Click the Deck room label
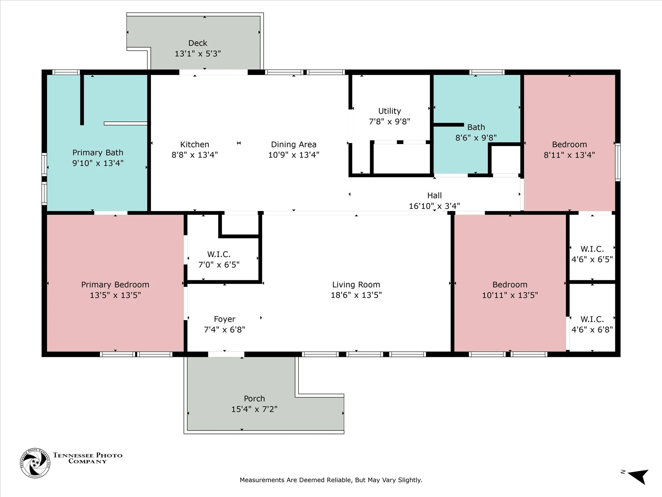click(x=198, y=43)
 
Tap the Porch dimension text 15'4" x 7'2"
click(x=254, y=409)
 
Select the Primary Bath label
click(x=98, y=153)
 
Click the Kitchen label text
click(x=195, y=144)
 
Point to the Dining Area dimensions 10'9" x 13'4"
click(x=294, y=155)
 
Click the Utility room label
click(x=390, y=111)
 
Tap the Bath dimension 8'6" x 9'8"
click(x=476, y=138)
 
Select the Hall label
click(x=434, y=195)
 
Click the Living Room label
click(x=356, y=285)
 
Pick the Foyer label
click(x=224, y=319)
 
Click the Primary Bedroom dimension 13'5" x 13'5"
click(x=115, y=295)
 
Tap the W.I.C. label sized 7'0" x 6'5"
click(x=219, y=254)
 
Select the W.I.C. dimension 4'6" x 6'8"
click(x=592, y=330)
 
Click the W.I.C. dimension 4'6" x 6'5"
click(x=592, y=259)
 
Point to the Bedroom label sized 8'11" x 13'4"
click(x=569, y=144)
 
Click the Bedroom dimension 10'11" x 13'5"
click(x=510, y=295)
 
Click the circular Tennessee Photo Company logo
click(x=35, y=463)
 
